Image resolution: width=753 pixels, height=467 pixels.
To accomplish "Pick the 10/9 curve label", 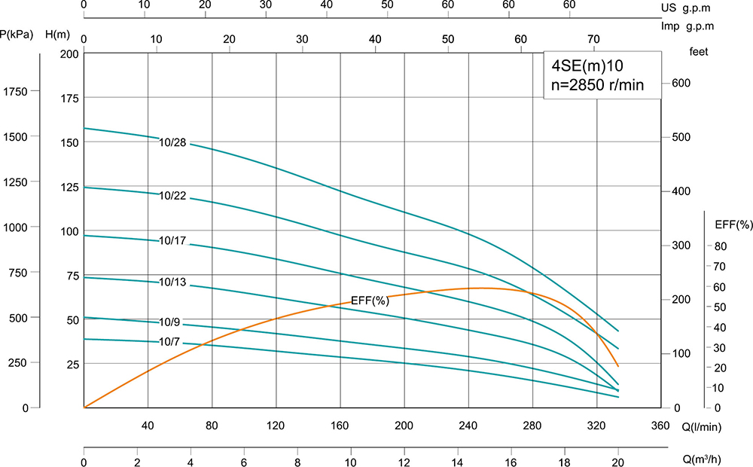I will click(169, 322).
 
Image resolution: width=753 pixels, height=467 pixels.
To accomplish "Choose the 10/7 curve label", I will click(169, 341).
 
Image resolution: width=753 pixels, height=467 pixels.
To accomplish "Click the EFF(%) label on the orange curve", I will click(370, 301).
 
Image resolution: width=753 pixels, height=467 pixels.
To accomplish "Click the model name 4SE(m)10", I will click(587, 66).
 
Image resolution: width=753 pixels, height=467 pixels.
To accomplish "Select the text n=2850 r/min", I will click(598, 84).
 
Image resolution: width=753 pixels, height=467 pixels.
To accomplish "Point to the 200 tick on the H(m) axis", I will click(69, 54).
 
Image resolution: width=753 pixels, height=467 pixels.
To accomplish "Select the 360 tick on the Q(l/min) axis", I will click(660, 426).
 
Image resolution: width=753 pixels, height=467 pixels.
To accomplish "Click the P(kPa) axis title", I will click(18, 35).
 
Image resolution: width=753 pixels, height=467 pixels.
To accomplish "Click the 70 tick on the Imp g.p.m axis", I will click(593, 39).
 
